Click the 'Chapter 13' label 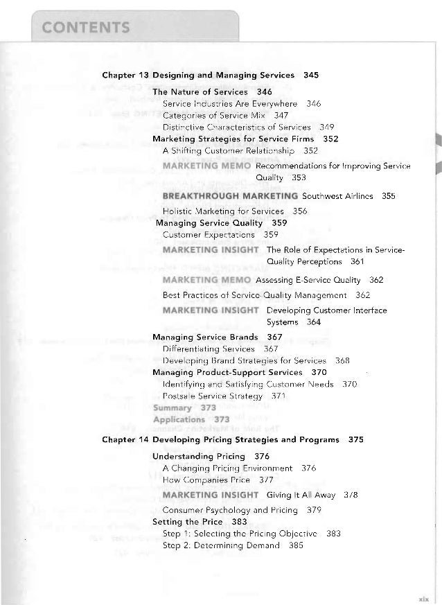coord(125,73)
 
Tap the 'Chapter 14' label coord(125,439)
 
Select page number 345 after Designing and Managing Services coord(310,73)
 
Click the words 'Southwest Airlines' coord(333,196)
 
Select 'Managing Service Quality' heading coord(209,222)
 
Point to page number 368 coord(342,360)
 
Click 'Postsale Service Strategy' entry coord(211,396)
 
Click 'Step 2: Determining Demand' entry coord(220,545)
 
